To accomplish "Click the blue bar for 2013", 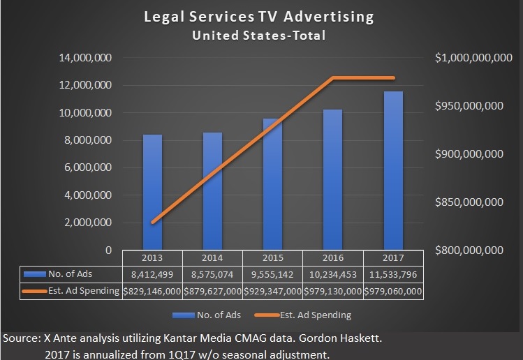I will point(152,192).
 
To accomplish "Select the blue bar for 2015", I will point(272,185).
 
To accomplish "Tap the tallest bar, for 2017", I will point(393,171).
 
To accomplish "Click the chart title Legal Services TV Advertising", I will point(259,17).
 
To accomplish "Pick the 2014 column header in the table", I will point(212,257).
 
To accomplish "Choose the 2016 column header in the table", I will point(332,257).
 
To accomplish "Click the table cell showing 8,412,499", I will point(152,273).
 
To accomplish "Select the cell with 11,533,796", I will point(393,273).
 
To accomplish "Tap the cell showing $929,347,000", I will point(272,290).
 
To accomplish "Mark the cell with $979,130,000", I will point(332,290).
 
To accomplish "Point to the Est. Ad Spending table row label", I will point(83,290).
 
